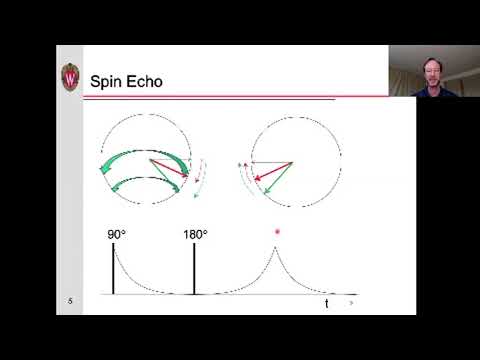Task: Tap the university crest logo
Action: pos(71,76)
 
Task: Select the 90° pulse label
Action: pos(117,235)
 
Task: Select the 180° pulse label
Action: pos(195,235)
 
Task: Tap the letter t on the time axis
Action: pos(326,301)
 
